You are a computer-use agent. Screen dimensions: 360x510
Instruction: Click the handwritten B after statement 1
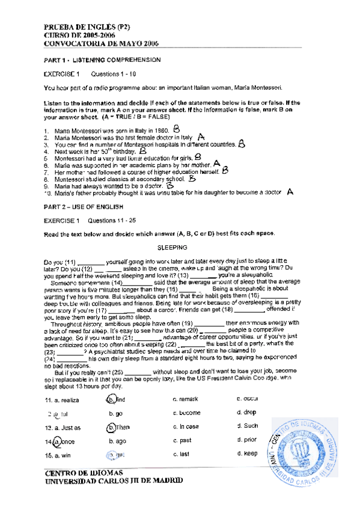click(176, 129)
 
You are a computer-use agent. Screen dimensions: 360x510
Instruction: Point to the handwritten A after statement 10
click(290, 191)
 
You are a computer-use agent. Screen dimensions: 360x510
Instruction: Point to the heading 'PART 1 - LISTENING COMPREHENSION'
click(103, 60)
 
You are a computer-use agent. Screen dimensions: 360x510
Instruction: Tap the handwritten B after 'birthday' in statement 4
click(143, 152)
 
